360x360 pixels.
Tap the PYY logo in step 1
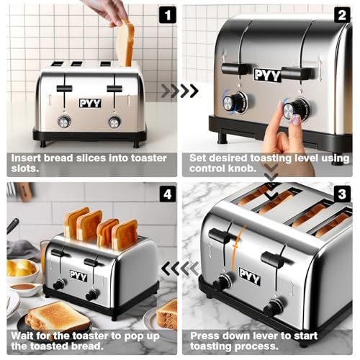pos(90,103)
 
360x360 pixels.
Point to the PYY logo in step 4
pos(78,276)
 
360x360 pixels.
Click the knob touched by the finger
pos(295,109)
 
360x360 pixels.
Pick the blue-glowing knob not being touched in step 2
pos(234,102)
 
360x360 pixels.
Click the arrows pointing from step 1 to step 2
pos(179,91)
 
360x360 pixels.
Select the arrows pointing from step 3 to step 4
pos(179,269)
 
